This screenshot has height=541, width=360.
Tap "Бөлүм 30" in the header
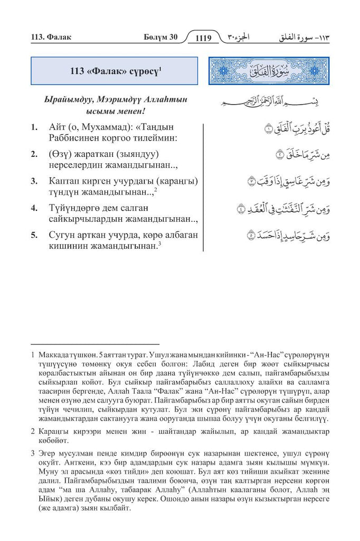pos(161,37)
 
